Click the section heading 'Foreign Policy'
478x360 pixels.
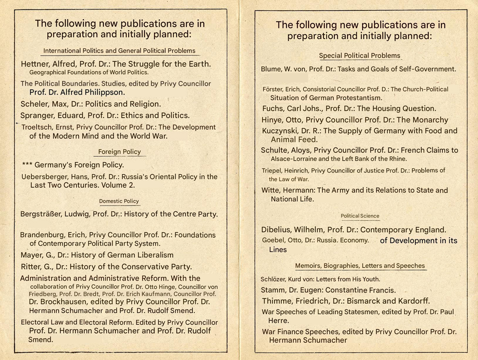tap(119, 151)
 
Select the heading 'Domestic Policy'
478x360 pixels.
tap(119, 201)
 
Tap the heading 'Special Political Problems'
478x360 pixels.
tap(360, 55)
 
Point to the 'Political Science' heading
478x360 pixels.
tap(360, 216)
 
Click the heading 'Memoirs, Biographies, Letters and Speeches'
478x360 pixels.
tap(360, 266)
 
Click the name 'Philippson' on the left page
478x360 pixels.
tap(105, 92)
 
